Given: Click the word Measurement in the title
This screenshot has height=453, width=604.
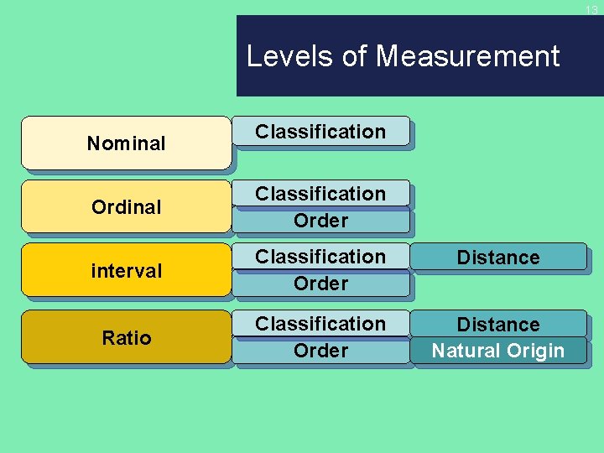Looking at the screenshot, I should pos(467,56).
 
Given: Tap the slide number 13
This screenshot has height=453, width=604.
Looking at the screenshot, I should pos(591,11).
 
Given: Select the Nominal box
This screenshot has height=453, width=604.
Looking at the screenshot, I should pos(126,143).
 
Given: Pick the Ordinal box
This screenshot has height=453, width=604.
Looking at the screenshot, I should pos(126,206).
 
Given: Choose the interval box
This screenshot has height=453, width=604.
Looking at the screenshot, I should pos(126,271).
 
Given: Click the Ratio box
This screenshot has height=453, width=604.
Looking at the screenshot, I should pos(126,338).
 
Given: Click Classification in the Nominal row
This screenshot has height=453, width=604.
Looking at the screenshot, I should pos(320,132).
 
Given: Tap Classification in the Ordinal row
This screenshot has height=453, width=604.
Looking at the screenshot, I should pos(320,194).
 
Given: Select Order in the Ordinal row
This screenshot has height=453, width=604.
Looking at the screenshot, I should pos(320,221).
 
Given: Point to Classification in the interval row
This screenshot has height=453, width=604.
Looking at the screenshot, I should pos(320,257).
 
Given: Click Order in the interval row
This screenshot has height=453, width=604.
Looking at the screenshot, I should pos(320,284).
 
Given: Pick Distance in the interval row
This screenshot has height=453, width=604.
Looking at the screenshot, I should pos(498,258).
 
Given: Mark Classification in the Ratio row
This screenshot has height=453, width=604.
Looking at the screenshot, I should pos(320,324).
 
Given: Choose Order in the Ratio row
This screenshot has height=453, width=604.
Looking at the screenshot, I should pos(320,351).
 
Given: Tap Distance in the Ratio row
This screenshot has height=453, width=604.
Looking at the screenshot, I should pos(498,325).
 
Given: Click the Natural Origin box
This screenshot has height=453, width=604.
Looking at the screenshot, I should pos(498,351).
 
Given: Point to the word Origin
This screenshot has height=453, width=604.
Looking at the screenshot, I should pos(534,351).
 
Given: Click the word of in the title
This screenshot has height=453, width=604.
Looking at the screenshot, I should pos(356,56).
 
